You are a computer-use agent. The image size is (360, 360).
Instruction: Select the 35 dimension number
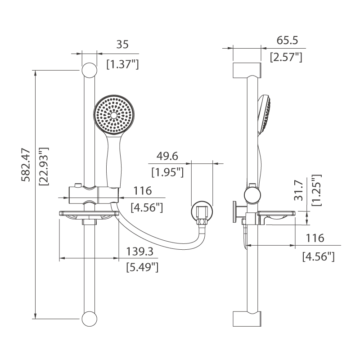click(122, 44)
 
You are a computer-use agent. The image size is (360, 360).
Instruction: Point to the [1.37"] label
click(122, 64)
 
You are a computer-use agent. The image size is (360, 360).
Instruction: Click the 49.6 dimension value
click(167, 156)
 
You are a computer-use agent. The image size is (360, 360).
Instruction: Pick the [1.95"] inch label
click(167, 171)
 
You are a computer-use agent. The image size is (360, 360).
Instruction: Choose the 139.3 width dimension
click(139, 251)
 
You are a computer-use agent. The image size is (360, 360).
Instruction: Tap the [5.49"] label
click(142, 267)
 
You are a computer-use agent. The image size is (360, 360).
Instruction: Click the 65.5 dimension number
click(288, 40)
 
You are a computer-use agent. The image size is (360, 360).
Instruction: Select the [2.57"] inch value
click(286, 57)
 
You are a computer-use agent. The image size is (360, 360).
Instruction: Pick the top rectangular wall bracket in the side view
click(247, 71)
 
